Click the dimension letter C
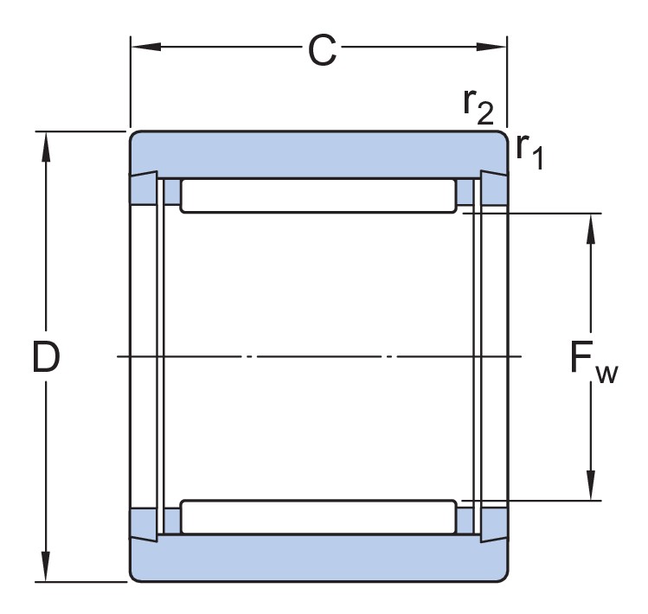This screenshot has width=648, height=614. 322,53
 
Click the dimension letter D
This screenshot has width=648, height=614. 46,357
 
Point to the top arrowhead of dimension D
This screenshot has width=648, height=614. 46,144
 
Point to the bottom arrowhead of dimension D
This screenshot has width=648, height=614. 46,569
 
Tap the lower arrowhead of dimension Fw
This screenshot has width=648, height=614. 592,489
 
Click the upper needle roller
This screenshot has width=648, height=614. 318,195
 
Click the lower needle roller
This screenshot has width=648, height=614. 318,516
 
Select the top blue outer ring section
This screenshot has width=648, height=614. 318,150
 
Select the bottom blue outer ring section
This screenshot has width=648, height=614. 318,561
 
